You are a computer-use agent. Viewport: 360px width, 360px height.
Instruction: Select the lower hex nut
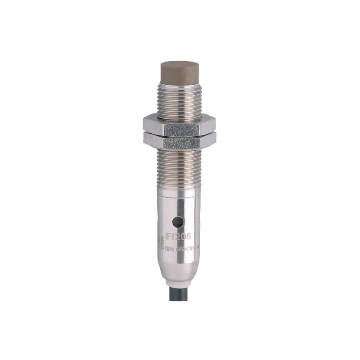180,141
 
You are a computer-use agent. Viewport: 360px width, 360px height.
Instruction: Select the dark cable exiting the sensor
180,324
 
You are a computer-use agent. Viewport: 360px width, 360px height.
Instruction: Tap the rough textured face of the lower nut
181,143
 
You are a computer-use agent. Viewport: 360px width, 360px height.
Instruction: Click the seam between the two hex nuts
180,134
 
